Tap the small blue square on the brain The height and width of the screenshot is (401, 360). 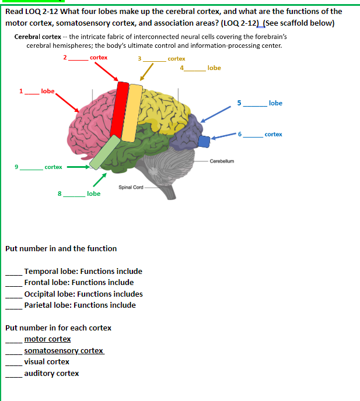(204, 141)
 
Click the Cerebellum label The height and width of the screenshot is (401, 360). (222, 161)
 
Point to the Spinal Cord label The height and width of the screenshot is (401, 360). (131, 187)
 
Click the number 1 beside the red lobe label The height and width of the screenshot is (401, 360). (21, 92)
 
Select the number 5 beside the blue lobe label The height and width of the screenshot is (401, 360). (239, 103)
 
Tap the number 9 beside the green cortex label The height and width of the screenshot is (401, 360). (18, 167)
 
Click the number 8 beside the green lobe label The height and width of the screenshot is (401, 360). (60, 194)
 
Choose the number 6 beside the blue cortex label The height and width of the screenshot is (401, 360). (240, 135)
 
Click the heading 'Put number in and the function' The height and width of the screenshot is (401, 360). (61, 248)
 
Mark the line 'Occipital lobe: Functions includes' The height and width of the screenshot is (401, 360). (83, 294)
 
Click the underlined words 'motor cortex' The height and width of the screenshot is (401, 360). (47, 339)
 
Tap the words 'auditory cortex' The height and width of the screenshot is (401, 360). (51, 374)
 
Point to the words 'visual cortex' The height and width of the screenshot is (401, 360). (47, 362)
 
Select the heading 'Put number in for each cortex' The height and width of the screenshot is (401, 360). (58, 328)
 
